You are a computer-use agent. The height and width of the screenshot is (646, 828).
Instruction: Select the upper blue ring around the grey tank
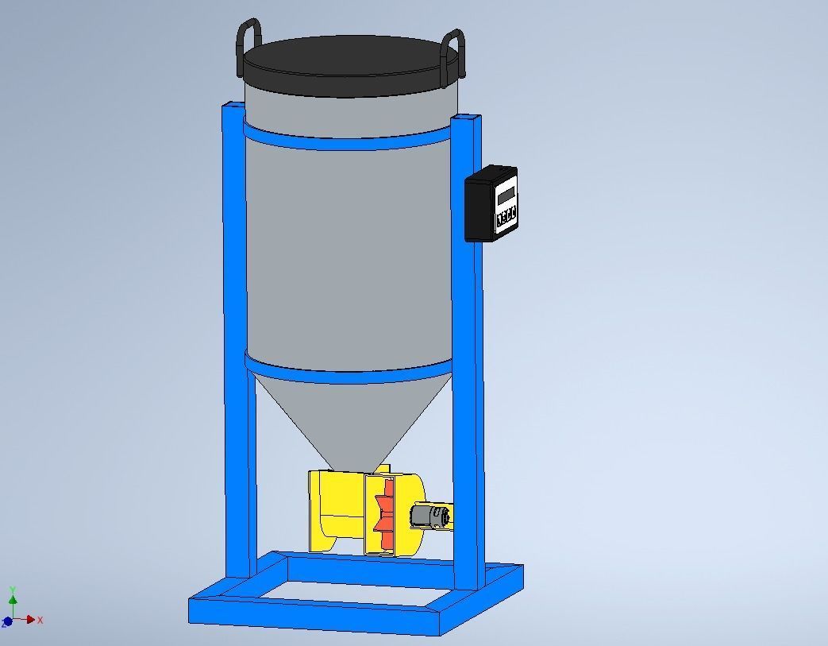point(349,143)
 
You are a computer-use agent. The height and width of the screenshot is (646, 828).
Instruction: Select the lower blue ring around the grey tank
point(349,373)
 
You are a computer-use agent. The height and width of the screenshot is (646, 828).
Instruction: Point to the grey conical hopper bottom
point(349,421)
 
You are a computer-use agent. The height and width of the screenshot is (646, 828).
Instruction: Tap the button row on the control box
point(506,216)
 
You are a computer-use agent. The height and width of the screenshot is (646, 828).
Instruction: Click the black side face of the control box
point(479,208)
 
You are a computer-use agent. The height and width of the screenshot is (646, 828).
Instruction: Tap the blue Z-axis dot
point(8,622)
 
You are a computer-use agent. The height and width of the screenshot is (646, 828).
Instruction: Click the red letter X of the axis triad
point(40,620)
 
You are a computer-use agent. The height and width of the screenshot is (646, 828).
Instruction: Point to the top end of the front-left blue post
point(234,105)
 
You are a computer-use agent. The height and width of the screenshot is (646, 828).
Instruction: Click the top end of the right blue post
point(467,118)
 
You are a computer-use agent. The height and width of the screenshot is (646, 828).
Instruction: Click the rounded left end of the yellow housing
point(318,509)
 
